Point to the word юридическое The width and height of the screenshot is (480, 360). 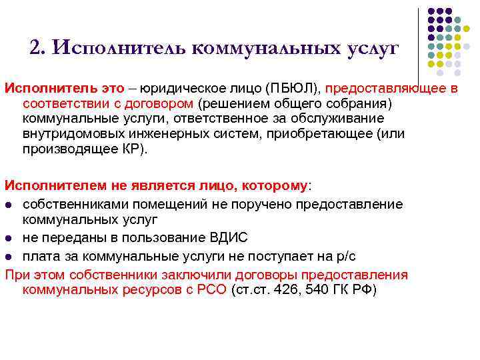coord(191,89)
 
